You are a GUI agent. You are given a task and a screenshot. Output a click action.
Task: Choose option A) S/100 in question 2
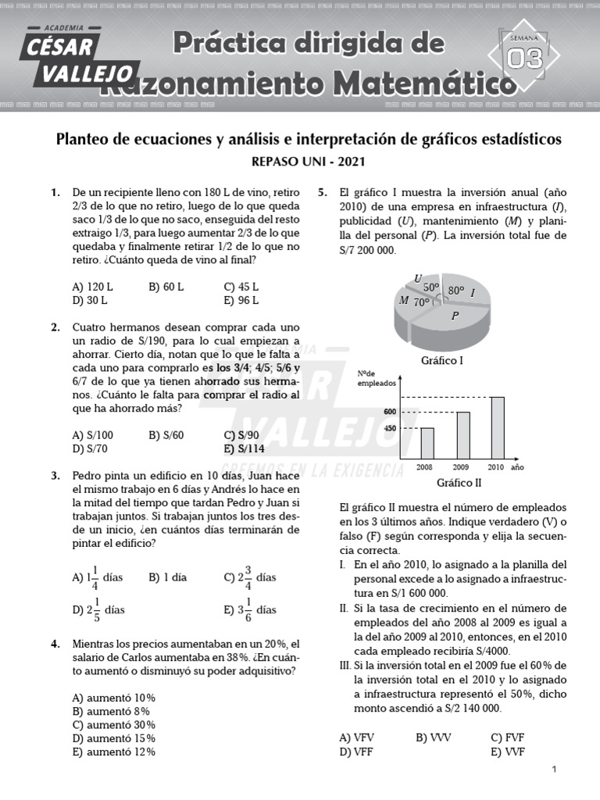92,435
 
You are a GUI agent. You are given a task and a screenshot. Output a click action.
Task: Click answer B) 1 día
167,578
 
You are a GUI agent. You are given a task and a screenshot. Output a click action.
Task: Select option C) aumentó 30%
113,724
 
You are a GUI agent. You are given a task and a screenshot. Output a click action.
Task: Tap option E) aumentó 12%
113,752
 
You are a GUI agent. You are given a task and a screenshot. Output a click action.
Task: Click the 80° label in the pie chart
456,291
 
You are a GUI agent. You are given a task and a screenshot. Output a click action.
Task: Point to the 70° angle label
422,302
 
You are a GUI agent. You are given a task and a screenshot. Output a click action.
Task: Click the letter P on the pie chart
455,316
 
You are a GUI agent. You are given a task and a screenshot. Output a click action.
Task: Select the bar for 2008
427,443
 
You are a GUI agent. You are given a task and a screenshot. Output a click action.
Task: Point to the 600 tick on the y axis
390,412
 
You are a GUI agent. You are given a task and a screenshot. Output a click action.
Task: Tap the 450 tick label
390,428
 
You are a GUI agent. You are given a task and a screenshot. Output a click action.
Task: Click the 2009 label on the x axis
462,467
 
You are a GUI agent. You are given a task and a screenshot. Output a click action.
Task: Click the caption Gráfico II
459,483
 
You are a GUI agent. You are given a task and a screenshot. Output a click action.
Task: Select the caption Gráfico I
442,361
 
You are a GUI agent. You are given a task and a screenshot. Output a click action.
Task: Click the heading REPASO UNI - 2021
308,162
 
